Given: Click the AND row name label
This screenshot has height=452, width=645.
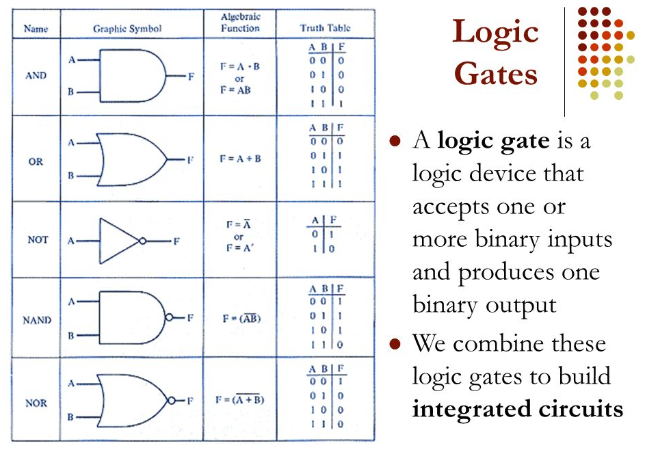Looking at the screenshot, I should pyautogui.click(x=36, y=76).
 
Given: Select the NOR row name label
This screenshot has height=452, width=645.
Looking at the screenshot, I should pyautogui.click(x=36, y=403).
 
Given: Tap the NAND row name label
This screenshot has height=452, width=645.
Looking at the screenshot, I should pyautogui.click(x=36, y=320).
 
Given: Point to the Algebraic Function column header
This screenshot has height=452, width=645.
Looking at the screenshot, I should pyautogui.click(x=240, y=23).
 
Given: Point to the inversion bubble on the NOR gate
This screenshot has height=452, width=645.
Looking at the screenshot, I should pyautogui.click(x=172, y=400).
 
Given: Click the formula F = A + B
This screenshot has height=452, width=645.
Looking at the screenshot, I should pyautogui.click(x=240, y=159).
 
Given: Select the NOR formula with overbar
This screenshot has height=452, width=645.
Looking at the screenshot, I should pyautogui.click(x=240, y=399).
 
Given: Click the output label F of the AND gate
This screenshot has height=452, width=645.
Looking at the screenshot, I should pyautogui.click(x=191, y=77).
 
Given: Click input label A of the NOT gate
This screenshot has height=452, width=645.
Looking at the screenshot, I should pyautogui.click(x=70, y=241).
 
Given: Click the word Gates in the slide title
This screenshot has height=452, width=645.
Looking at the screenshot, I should pyautogui.click(x=496, y=73).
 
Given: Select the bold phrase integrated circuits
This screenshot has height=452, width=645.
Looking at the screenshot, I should pyautogui.click(x=517, y=409).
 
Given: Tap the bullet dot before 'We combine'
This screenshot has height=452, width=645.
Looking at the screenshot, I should pyautogui.click(x=393, y=343).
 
